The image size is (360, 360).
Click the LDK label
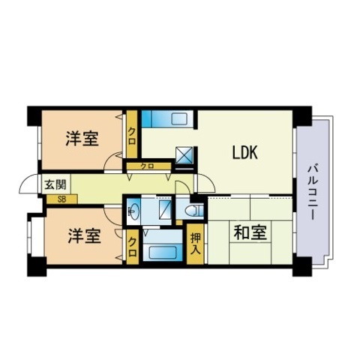pos(244,153)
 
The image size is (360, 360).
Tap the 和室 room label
pos(250,232)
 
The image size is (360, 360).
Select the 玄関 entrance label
pos(55,184)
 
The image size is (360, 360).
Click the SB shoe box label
pos(61,199)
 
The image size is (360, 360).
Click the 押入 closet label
pos(195,243)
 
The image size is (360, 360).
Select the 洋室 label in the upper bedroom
pos(82,138)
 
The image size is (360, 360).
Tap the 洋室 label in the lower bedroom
pos(85,235)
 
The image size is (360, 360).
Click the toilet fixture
pos(194,210)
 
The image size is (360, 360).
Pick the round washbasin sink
pos(133,210)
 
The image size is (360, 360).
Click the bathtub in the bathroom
pos(163,253)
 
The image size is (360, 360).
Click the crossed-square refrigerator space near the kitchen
pos(184,155)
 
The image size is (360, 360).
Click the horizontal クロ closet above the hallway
pos(149,166)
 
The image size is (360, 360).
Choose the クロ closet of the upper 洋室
pos(132,134)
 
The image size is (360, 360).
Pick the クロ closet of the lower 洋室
pos(132,247)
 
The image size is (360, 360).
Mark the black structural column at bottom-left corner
pos(37,266)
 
